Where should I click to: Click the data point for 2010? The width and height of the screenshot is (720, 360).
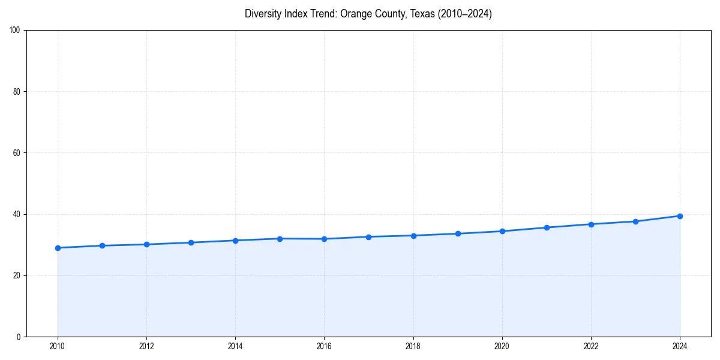tap(58, 248)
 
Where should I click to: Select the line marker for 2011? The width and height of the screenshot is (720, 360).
tap(102, 245)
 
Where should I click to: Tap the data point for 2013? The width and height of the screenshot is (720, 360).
tap(191, 242)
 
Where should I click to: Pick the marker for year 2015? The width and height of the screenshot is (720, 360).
tap(280, 239)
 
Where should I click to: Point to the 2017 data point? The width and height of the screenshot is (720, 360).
tap(368, 237)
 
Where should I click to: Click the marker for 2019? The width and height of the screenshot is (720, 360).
tap(458, 233)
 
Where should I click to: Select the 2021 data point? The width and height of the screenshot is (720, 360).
tap(547, 227)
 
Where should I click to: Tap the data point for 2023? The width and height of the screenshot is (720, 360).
tap(635, 221)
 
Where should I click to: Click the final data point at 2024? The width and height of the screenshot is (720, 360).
tap(680, 216)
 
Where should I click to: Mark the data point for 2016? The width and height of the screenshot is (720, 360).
tap(324, 239)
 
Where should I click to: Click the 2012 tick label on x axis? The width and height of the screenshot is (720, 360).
tap(146, 346)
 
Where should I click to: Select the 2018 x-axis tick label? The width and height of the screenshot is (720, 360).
tap(413, 346)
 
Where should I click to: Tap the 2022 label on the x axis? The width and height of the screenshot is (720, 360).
tap(591, 346)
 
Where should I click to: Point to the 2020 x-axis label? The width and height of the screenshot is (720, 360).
tap(502, 346)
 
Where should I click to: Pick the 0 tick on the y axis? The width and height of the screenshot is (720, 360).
tap(19, 337)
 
